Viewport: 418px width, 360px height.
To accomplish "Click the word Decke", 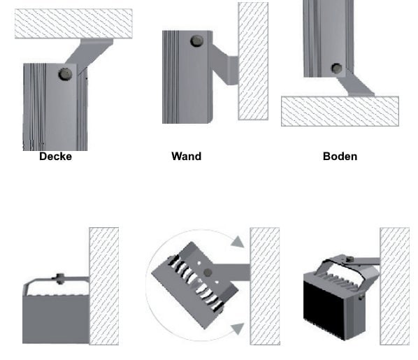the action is [55, 157].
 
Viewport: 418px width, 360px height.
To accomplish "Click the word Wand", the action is [187, 157].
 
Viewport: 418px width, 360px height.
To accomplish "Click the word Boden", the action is [340, 157].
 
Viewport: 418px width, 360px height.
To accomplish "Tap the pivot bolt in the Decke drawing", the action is [65, 74].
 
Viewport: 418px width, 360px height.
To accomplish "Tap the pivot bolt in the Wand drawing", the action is [197, 41].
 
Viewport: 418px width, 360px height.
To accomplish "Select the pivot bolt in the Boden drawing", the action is [336, 69].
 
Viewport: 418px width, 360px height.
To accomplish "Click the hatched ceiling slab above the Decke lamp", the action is [73, 24].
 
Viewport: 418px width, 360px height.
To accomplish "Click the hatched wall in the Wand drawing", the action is [253, 61].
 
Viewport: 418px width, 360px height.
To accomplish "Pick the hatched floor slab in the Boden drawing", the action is [340, 111].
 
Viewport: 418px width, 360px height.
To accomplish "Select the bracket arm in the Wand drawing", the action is [225, 65].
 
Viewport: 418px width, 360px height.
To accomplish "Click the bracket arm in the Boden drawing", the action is [355, 85].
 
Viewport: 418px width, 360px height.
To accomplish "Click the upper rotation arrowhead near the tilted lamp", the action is [238, 242].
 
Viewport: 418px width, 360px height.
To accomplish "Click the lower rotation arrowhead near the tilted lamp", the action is [238, 329].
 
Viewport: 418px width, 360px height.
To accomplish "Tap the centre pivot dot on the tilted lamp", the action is [208, 273].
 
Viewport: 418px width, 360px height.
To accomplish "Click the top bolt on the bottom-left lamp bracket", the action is [60, 278].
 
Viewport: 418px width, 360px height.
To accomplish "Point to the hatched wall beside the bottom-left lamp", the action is [104, 286].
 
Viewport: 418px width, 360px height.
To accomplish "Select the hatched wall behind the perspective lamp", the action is [394, 286].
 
